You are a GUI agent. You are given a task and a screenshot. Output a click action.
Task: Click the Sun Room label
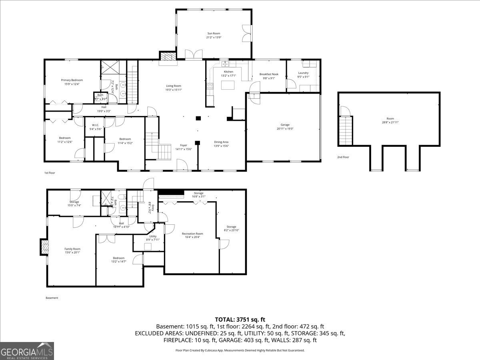(214, 34)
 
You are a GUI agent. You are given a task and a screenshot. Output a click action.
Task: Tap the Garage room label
(285, 125)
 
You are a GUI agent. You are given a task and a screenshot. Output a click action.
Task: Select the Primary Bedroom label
(72, 80)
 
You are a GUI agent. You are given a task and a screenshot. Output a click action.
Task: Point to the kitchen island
(227, 85)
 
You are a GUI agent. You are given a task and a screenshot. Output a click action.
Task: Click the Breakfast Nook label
(269, 74)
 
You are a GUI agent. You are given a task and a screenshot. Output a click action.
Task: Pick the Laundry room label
(303, 73)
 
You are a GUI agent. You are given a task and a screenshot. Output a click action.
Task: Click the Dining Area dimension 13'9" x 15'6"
(221, 146)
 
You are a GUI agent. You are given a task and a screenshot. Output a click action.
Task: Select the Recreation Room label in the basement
(192, 234)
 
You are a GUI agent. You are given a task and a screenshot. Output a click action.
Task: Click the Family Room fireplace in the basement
(44, 247)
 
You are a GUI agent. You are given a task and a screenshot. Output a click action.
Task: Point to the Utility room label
(153, 236)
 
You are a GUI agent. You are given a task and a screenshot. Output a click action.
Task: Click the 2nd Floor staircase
(346, 130)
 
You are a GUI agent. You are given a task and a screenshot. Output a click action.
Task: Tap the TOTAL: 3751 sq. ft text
(240, 319)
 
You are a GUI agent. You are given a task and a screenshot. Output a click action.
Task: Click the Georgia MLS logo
(27, 351)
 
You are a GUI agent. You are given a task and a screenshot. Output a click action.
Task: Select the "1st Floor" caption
(49, 173)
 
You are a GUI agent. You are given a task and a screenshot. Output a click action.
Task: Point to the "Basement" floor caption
(52, 298)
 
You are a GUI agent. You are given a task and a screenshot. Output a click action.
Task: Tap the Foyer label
(183, 145)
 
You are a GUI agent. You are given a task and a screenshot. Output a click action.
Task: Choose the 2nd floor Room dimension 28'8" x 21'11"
(390, 122)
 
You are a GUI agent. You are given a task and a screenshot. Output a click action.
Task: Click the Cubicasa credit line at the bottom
(240, 350)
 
